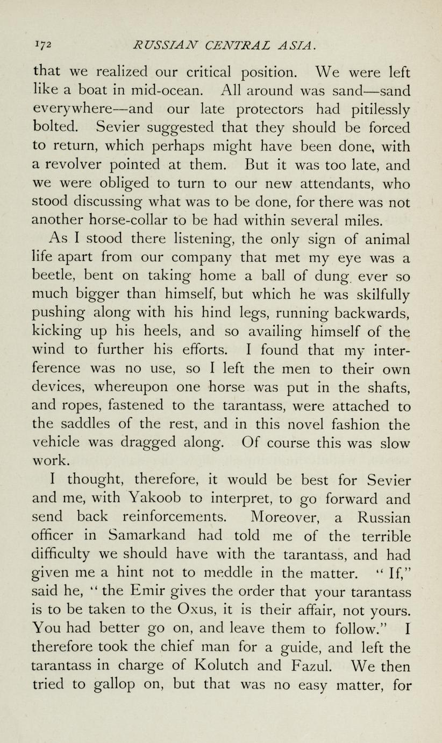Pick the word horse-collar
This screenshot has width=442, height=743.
click(x=123, y=221)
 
